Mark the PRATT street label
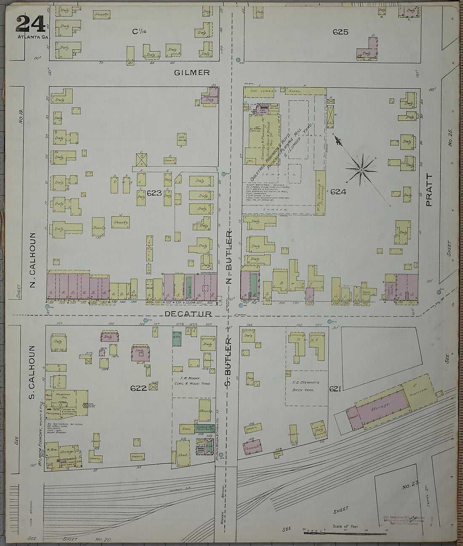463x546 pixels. (429, 190)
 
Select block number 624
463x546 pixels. (338, 192)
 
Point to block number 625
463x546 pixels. (340, 32)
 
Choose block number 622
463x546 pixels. (138, 388)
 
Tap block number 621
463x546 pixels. (335, 389)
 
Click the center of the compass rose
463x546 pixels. (361, 170)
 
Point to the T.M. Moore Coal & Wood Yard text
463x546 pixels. (193, 381)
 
